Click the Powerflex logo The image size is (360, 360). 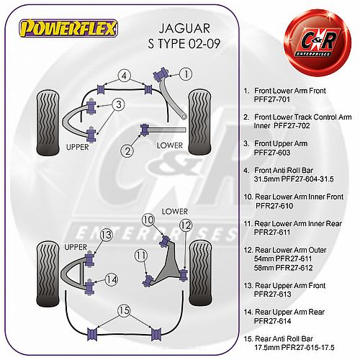click(68, 28)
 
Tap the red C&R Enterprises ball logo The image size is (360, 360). click(318, 42)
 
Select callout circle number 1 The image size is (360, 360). click(186, 74)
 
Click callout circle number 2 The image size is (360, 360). click(127, 151)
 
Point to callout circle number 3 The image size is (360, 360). click(118, 104)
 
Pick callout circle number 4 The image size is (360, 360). click(124, 76)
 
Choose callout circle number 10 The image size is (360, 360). click(148, 220)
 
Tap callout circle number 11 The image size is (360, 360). click(141, 256)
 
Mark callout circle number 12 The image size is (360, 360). click(186, 225)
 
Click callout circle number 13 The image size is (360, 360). click(106, 235)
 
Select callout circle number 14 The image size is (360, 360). click(112, 279)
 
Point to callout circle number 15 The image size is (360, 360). click(124, 311)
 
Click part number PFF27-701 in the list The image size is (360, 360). click(272, 99)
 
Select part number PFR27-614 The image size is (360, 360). click(272, 321)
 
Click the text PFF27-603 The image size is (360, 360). click(272, 153)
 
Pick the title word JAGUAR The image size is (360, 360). click(184, 28)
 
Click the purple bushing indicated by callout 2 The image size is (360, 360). click(145, 130)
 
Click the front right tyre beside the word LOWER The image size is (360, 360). click(200, 122)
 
